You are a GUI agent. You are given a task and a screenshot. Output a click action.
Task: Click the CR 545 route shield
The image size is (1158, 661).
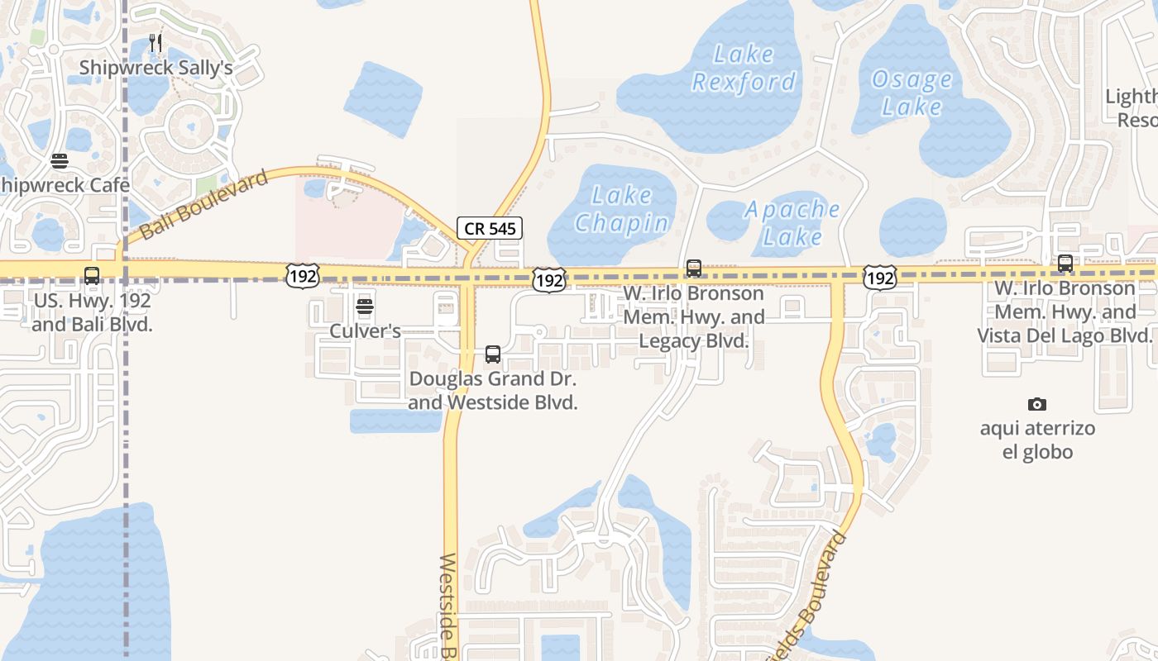(x=490, y=228)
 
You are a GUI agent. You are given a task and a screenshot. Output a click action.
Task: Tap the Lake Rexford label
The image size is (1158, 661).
(x=744, y=69)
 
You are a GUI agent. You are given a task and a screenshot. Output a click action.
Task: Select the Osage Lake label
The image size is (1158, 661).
(x=912, y=93)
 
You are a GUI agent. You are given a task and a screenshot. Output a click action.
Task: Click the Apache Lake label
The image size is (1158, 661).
(x=792, y=223)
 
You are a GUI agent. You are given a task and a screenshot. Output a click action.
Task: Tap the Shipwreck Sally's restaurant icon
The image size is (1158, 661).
(x=155, y=42)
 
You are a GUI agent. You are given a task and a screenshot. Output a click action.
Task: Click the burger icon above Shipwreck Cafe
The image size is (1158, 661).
(x=59, y=160)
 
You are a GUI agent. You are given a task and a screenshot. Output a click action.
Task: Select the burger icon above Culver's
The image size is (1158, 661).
(x=365, y=307)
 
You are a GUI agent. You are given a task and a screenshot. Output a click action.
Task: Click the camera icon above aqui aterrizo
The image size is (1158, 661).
(x=1036, y=404)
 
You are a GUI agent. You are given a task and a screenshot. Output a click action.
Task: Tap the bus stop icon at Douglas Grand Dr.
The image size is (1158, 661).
(x=493, y=354)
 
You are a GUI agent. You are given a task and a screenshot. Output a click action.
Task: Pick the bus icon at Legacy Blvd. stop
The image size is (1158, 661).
(x=693, y=269)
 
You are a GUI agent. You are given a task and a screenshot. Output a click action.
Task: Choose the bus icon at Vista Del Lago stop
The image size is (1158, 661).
(x=1065, y=264)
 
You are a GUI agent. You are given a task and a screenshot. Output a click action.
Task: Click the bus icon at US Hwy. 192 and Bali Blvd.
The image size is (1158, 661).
(x=92, y=276)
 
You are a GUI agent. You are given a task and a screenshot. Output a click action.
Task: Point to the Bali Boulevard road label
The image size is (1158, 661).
(x=204, y=205)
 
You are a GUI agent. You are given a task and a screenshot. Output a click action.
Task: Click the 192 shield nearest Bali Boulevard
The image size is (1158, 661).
(x=302, y=276)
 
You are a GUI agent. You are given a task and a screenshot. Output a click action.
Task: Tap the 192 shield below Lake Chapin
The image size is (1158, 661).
(x=548, y=280)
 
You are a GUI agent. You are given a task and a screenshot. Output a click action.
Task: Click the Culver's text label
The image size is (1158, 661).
(x=365, y=331)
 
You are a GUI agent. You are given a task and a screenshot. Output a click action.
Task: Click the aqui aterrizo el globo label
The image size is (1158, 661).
(x=1037, y=440)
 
